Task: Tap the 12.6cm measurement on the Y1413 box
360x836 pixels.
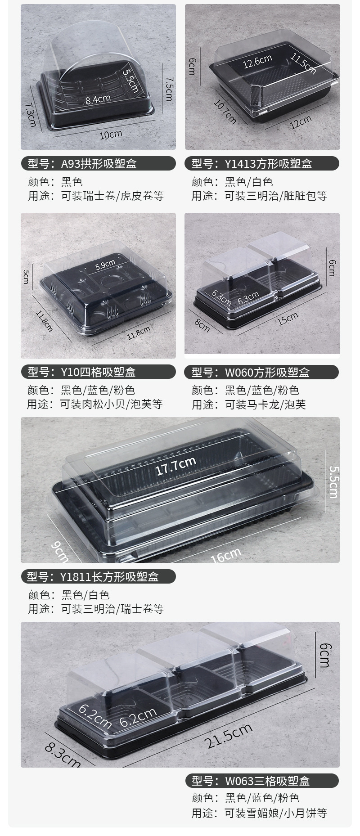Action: point(257,61)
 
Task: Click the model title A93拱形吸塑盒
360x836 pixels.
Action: point(98,163)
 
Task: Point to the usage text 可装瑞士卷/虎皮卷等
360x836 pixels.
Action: point(112,196)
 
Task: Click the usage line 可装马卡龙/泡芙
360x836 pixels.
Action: point(265,404)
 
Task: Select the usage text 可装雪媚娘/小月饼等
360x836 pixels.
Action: point(276,813)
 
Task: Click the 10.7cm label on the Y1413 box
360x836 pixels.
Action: point(225,111)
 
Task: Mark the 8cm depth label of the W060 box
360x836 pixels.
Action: point(202,324)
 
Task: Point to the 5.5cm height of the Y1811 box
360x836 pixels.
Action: point(333,481)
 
